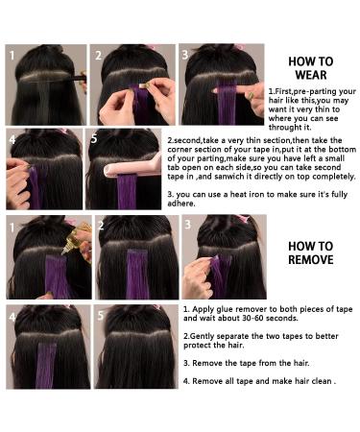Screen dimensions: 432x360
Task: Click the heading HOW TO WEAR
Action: (310, 68)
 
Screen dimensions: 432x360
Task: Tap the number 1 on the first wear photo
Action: (13, 55)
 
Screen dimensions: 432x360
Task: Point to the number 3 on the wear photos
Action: (186, 55)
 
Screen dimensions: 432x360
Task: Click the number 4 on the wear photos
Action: (13, 139)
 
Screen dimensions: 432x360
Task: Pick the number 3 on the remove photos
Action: (188, 227)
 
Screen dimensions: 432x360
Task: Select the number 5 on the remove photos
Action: (100, 316)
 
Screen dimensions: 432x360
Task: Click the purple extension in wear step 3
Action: (227, 101)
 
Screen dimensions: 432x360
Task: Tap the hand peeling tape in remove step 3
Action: (196, 278)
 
